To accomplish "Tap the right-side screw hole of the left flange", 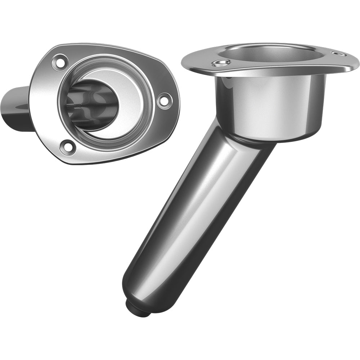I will pos(164,100).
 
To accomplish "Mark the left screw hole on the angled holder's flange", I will pos(221,64).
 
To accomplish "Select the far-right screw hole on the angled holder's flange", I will pos(339,54).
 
